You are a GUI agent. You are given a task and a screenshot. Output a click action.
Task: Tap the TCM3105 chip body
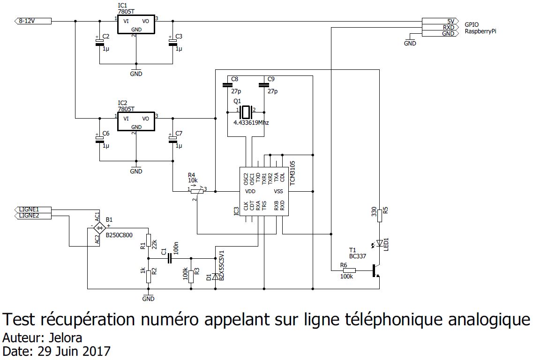263,191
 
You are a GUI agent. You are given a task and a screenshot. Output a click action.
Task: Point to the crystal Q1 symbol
246,112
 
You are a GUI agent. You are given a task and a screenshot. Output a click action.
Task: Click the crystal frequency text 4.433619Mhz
251,123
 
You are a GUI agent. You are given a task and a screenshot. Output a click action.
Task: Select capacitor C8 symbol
227,85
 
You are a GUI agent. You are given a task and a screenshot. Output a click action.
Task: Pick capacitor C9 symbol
263,85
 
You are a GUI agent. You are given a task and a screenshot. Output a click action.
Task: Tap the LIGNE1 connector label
33,209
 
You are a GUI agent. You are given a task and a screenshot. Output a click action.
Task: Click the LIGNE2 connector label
33,216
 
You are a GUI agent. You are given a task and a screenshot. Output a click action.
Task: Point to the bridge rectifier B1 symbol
99,228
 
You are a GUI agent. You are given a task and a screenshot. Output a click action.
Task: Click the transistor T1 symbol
375,270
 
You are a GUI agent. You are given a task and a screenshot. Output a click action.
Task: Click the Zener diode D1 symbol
215,277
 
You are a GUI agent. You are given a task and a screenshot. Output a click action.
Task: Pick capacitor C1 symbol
170,258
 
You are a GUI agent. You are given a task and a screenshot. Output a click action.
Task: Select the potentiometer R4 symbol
197,191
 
